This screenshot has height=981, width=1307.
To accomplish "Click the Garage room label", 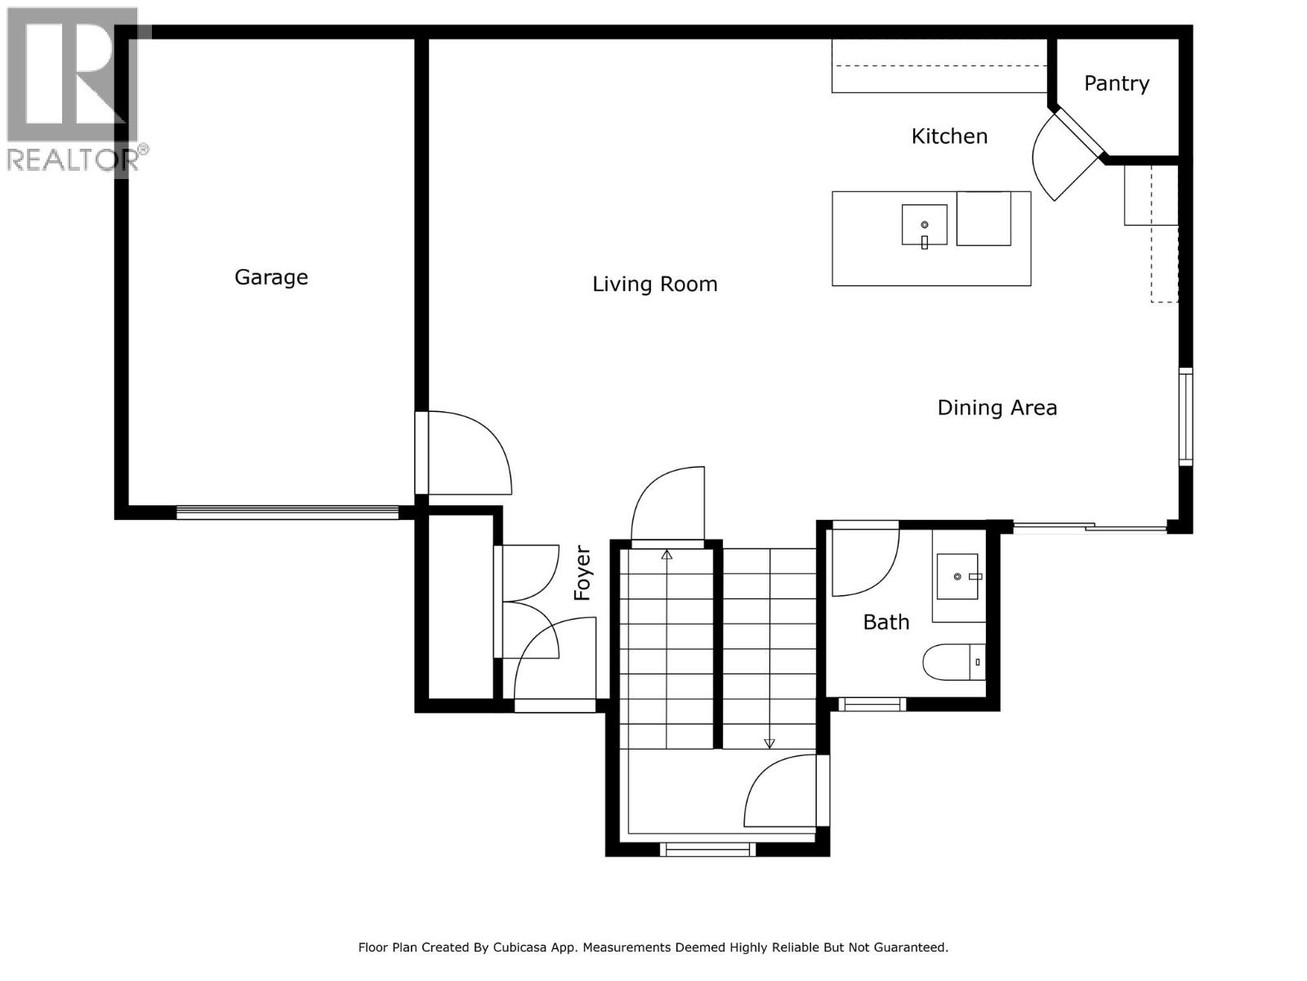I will [x=271, y=277].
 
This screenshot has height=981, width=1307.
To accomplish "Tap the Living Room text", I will [x=654, y=284].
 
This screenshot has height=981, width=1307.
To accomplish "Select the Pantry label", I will [x=1116, y=83].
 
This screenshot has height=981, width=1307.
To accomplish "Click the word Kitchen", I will [x=949, y=137].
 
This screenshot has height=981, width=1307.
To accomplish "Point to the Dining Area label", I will [x=997, y=408].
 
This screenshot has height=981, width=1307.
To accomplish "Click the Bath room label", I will [x=885, y=622].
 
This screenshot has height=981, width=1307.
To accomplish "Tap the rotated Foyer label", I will [x=582, y=573].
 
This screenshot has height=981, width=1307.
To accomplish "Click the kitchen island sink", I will [x=924, y=225].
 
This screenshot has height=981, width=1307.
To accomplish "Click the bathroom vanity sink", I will [x=957, y=576].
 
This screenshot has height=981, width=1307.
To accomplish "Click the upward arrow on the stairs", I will [x=667, y=555].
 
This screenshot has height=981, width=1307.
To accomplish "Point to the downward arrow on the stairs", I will [x=769, y=742].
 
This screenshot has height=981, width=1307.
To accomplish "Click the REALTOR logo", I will [x=74, y=90].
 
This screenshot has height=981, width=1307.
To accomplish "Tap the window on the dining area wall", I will [x=1185, y=417].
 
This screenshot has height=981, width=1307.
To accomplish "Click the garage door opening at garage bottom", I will [x=288, y=513].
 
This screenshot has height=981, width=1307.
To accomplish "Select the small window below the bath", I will [x=872, y=703].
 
